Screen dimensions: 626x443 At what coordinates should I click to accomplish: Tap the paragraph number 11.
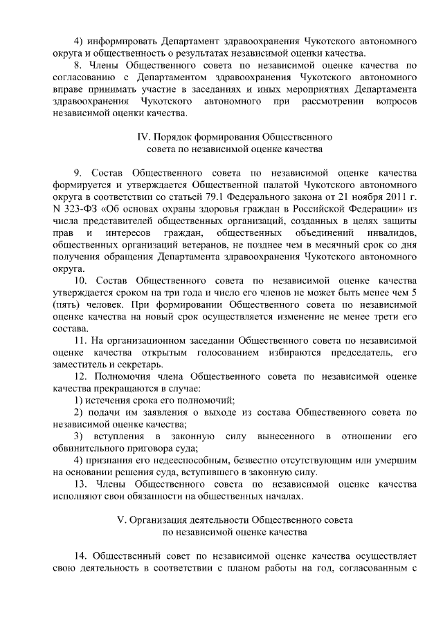[x=80, y=340]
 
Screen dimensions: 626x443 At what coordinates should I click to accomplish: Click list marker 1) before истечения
[x=79, y=400]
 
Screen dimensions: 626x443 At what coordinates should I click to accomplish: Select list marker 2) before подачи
[x=79, y=412]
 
